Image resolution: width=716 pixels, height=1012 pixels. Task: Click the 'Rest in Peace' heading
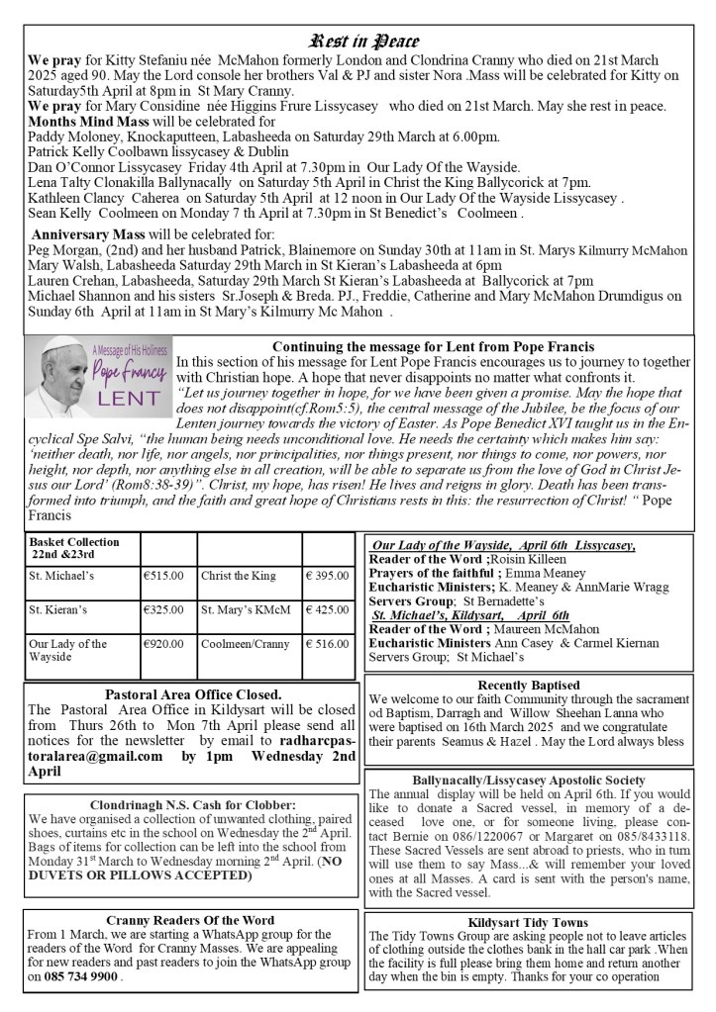point(365,42)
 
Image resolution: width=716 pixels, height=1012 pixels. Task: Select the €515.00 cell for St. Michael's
point(163,575)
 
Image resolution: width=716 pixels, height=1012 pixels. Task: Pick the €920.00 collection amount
point(163,644)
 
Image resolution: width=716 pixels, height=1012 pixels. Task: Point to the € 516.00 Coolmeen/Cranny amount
point(326,644)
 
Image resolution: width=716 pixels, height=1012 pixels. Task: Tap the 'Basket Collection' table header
point(74,548)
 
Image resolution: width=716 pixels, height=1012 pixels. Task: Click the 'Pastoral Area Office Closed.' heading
point(193,693)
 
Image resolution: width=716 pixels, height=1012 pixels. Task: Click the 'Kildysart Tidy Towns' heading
point(529,922)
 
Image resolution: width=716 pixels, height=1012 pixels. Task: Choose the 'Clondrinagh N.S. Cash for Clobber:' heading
point(193,804)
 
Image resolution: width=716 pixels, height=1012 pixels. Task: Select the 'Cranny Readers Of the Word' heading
point(193,918)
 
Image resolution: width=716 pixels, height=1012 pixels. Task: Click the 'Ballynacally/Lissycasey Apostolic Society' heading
point(529,781)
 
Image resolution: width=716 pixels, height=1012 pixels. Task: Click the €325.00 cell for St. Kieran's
point(163,609)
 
